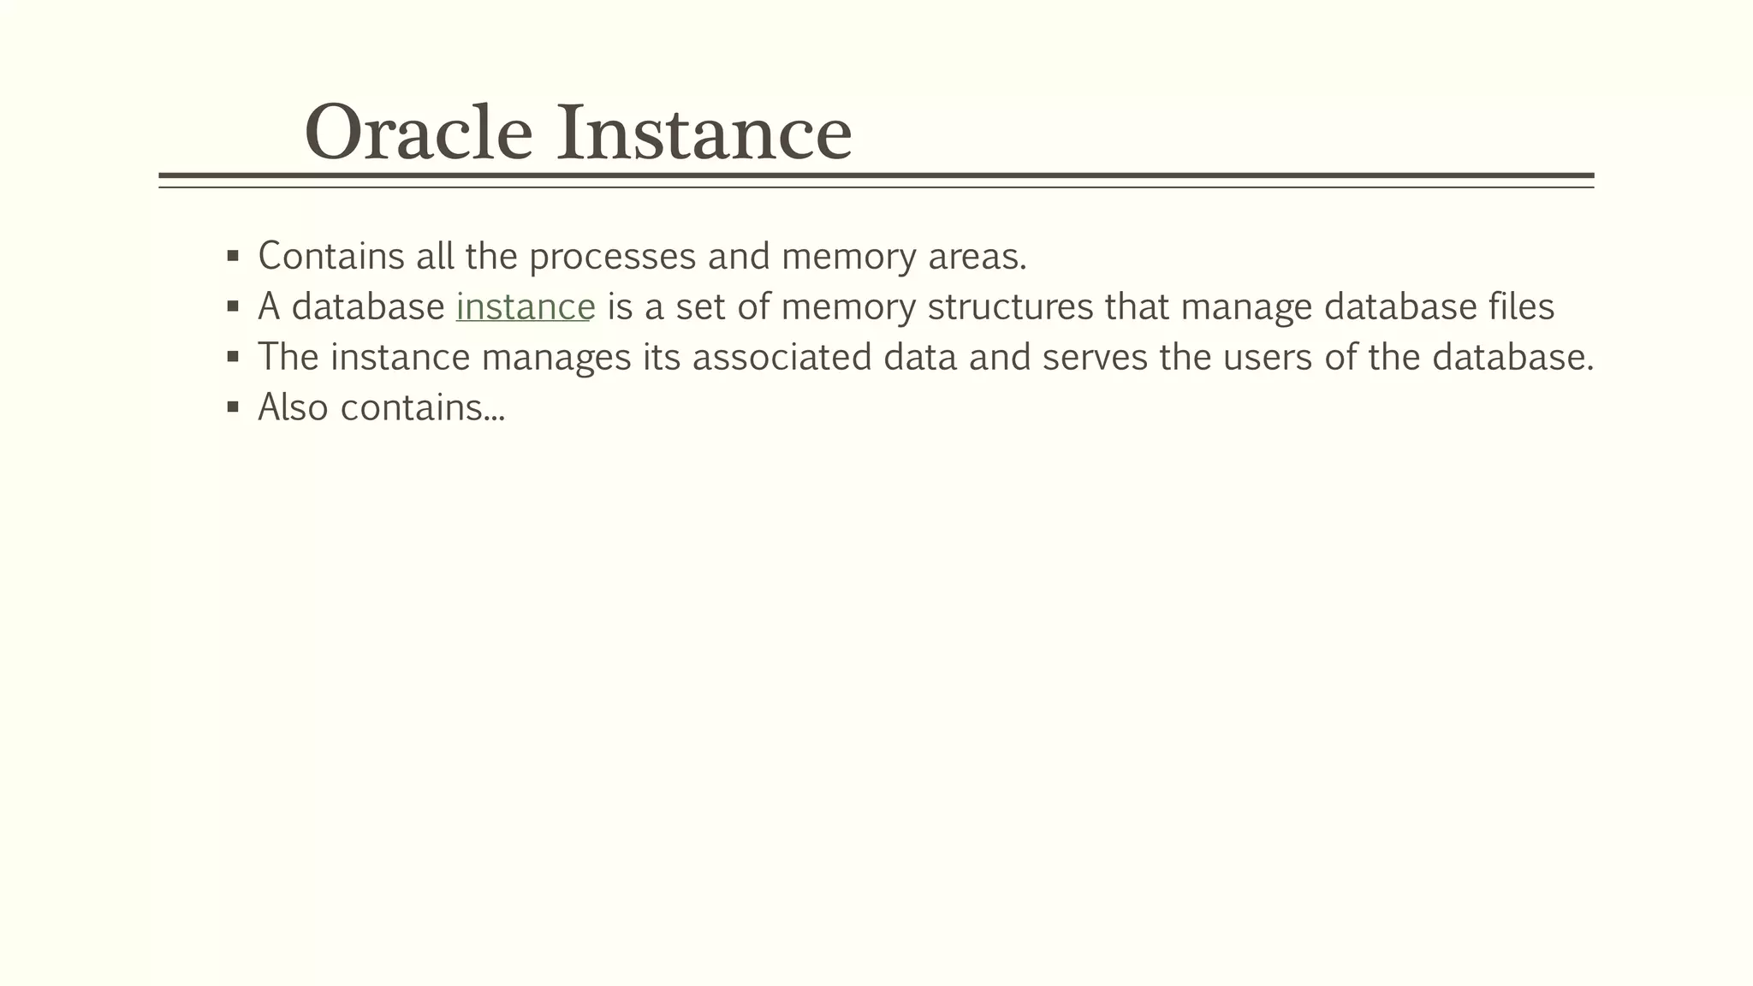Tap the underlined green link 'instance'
(525, 307)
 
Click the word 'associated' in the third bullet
(781, 358)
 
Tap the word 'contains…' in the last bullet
(423, 408)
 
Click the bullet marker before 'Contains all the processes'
(233, 256)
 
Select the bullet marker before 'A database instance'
(233, 306)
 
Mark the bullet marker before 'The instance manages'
(233, 357)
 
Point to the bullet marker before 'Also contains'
(233, 407)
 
